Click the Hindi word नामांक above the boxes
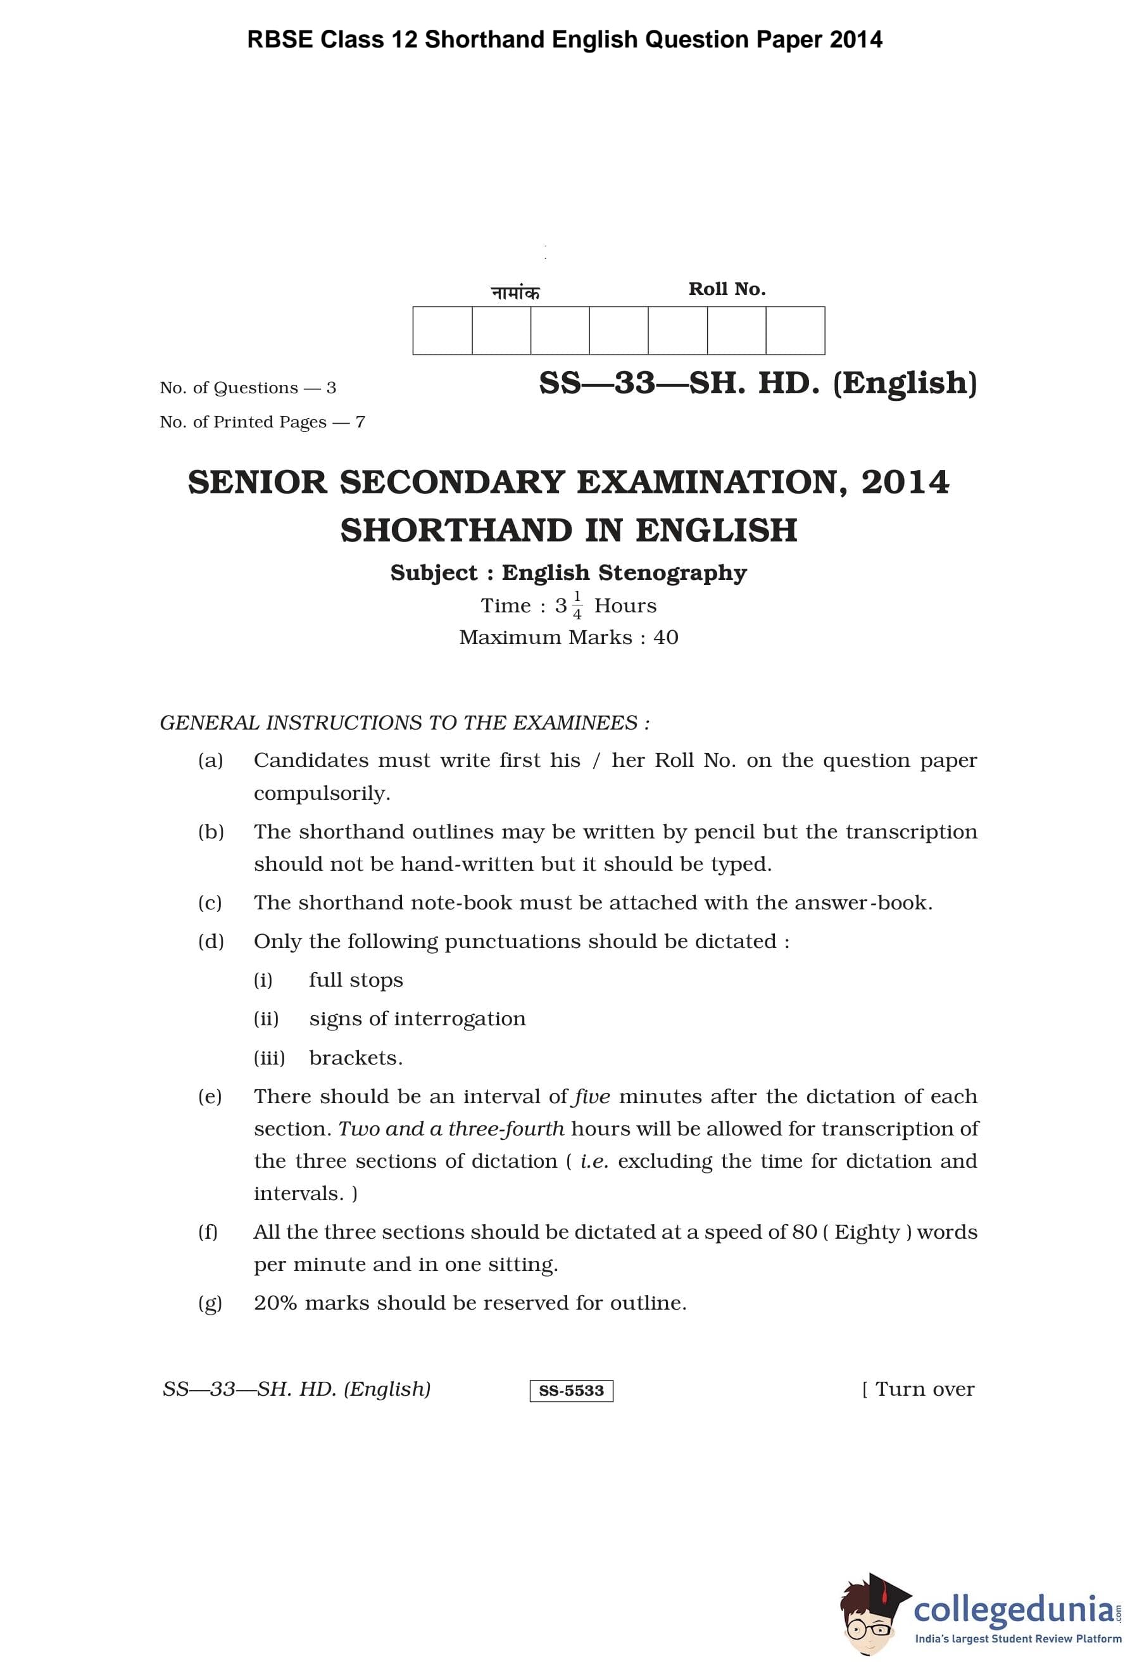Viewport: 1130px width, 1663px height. click(515, 293)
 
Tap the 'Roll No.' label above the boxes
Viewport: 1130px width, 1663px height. click(727, 289)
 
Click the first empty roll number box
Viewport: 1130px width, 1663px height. click(442, 331)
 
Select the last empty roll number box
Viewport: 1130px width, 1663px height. click(794, 331)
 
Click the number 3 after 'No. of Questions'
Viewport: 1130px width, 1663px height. click(331, 388)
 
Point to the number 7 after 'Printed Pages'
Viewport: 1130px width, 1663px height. click(360, 422)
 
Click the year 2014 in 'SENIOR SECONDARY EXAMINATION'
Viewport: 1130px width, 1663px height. click(905, 483)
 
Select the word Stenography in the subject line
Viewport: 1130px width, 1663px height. click(672, 573)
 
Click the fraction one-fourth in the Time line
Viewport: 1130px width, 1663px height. click(577, 606)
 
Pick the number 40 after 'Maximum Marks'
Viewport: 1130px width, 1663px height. click(665, 638)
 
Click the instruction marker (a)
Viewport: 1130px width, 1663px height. click(210, 760)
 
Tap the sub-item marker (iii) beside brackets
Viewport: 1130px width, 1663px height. click(269, 1058)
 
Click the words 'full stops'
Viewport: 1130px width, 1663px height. click(355, 980)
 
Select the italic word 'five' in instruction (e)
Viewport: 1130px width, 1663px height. click(591, 1096)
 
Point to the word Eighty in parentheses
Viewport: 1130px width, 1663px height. click(866, 1232)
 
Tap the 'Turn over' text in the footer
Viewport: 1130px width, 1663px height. click(924, 1389)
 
